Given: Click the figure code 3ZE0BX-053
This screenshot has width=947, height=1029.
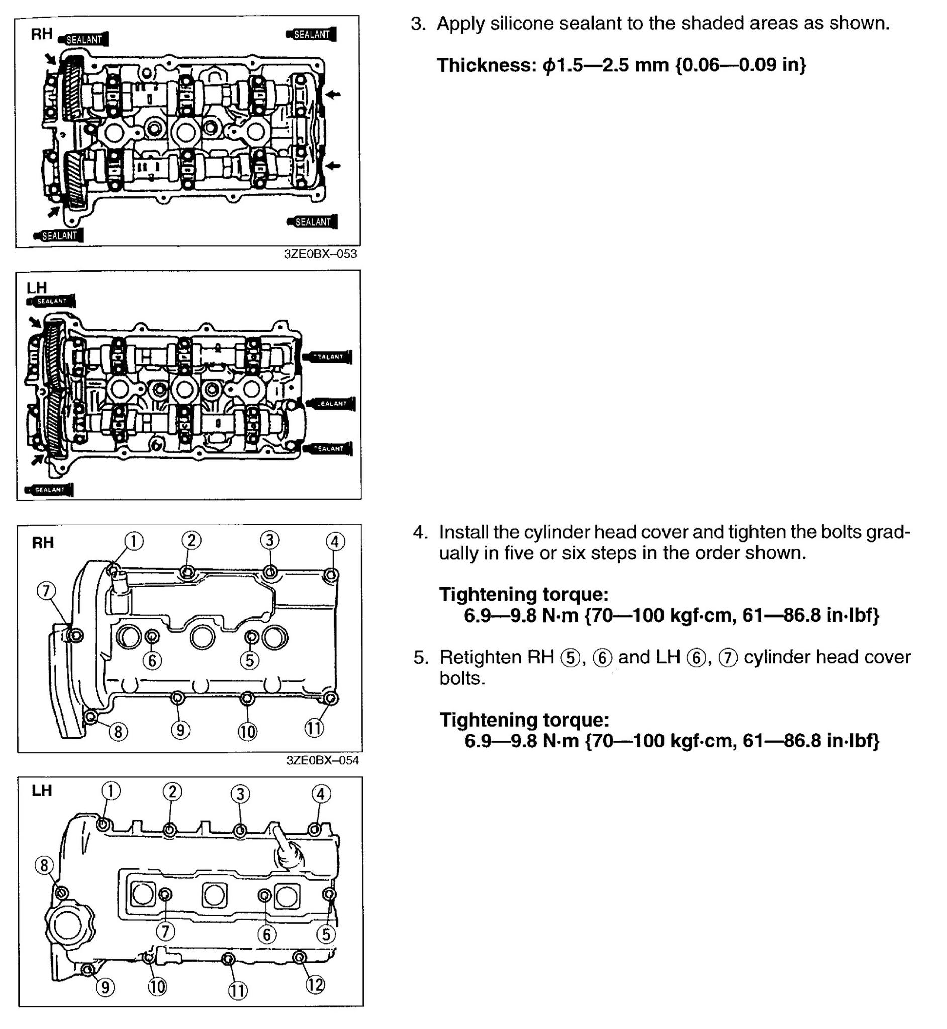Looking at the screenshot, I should pos(320,254).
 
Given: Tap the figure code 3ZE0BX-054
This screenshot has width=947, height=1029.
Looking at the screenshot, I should pos(322,760).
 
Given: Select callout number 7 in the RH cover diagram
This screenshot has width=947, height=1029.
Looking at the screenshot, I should pos(46,591).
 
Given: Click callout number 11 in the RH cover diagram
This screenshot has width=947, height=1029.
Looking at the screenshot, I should pos(314,728).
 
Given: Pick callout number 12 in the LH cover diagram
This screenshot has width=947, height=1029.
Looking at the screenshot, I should pos(315,984).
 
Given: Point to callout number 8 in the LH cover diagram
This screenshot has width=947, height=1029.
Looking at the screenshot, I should pos(44,865).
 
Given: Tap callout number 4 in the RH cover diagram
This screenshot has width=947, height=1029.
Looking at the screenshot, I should pos(335,542).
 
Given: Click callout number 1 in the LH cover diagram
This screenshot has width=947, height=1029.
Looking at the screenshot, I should pos(111,791).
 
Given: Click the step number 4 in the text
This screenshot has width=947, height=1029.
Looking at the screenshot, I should pos(420,533).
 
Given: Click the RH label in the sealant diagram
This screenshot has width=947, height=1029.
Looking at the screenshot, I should pos(42,34).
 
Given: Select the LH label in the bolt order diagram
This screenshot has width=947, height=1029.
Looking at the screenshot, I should pos(42,790).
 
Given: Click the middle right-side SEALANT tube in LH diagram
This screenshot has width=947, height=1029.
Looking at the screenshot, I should pos(331,403).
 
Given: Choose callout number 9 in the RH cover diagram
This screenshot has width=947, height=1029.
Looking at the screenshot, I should pos(180,730).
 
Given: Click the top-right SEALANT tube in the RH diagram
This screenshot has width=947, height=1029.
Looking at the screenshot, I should pos(311,34).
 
